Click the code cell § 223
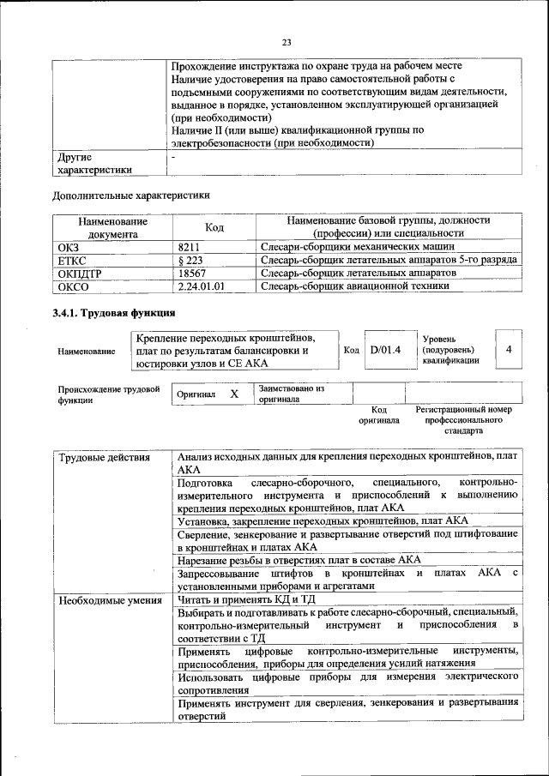190,259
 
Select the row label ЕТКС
72,259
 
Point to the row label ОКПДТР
81,272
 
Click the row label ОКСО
72,286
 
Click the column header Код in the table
214,227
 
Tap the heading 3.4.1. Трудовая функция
114,312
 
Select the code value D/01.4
385,350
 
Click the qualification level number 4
509,350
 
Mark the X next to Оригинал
233,394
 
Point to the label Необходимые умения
110,599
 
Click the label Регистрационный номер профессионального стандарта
463,421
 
